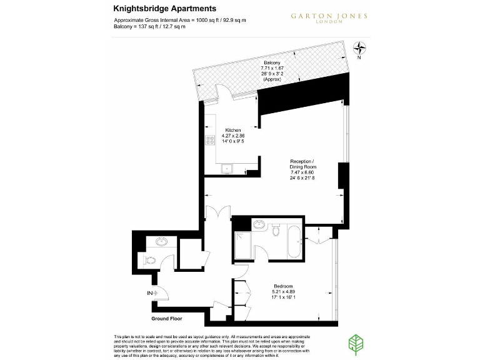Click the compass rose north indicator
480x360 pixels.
point(360,48)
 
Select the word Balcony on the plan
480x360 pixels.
point(271,64)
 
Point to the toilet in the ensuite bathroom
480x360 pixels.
point(276,232)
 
